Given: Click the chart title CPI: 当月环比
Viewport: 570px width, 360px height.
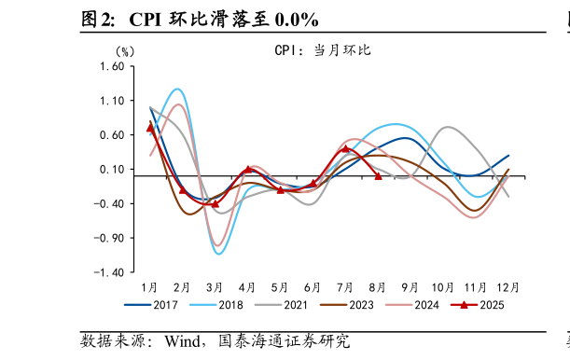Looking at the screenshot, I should coord(322,50).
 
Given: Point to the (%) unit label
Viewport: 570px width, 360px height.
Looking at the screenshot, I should coord(124,51).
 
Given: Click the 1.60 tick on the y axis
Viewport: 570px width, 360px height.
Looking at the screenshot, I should coord(111,66).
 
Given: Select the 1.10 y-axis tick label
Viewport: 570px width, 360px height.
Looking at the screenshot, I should coord(111,101).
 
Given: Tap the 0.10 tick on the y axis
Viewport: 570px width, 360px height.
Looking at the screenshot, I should coord(111,169).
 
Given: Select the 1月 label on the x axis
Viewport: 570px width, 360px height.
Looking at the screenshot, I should coord(149,286).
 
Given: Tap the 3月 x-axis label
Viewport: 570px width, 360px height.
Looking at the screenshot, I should coord(215,286).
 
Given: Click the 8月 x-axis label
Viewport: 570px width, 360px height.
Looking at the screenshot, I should coord(378,286).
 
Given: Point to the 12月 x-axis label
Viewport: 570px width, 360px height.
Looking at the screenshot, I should coord(508,286).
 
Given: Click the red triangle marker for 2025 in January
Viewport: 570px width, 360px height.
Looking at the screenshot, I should coord(150,128).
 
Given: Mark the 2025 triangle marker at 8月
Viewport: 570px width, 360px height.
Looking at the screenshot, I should coord(378,175).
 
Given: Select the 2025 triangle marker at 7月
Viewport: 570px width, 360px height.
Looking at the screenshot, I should coord(345,148).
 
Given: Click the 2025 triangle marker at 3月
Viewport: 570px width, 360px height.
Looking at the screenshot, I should coord(215,203).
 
